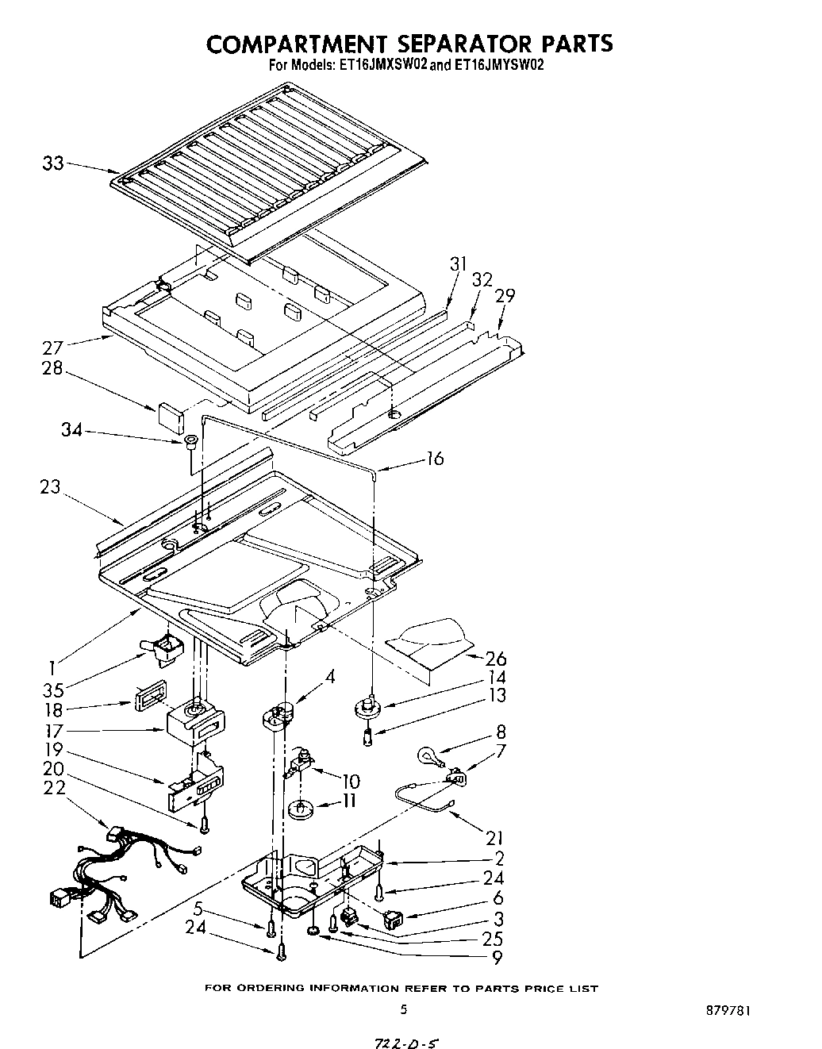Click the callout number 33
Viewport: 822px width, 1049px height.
[52, 163]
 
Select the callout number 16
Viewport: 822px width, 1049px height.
[435, 458]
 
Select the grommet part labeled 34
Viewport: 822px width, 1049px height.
[191, 442]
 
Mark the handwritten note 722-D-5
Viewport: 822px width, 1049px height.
[406, 1036]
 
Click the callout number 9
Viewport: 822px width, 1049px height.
[497, 958]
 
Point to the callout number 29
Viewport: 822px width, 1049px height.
[505, 296]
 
